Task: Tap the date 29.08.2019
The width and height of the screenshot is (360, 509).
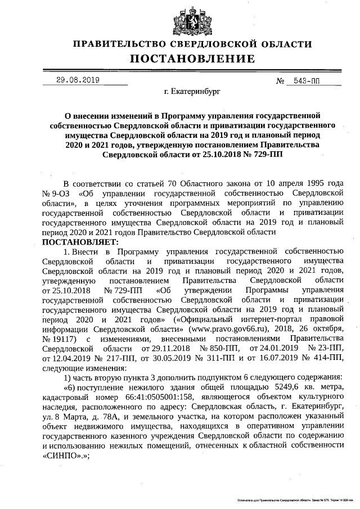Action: click(x=78, y=80)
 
